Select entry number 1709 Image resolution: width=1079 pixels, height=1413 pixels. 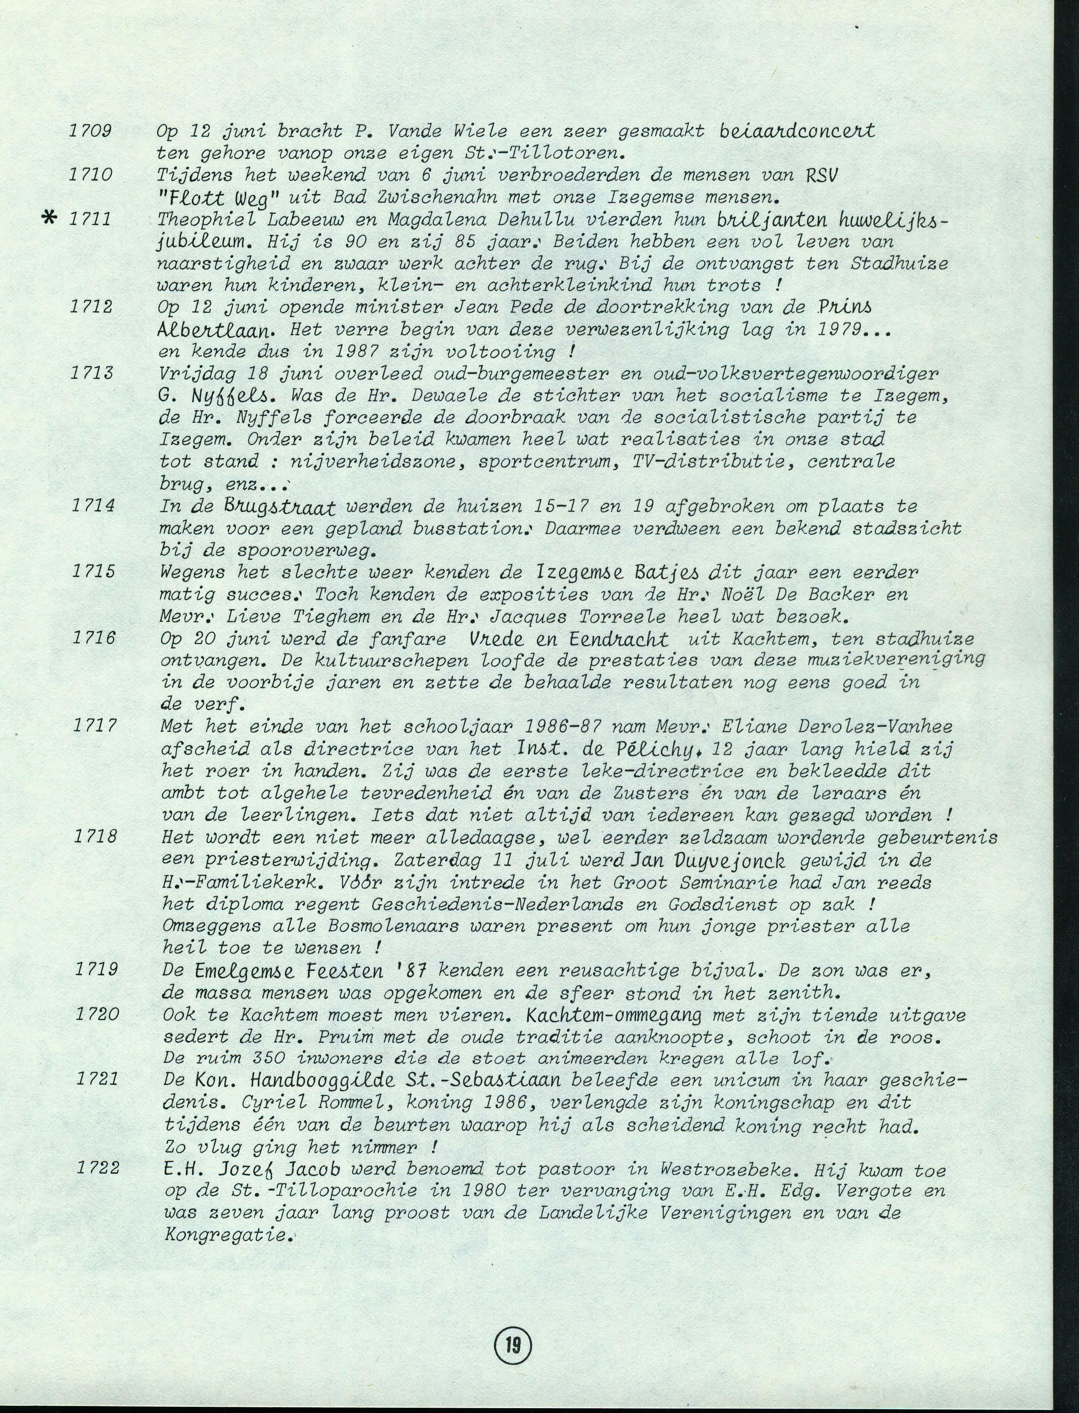point(91,131)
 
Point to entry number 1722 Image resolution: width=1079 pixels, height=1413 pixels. point(98,1167)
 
